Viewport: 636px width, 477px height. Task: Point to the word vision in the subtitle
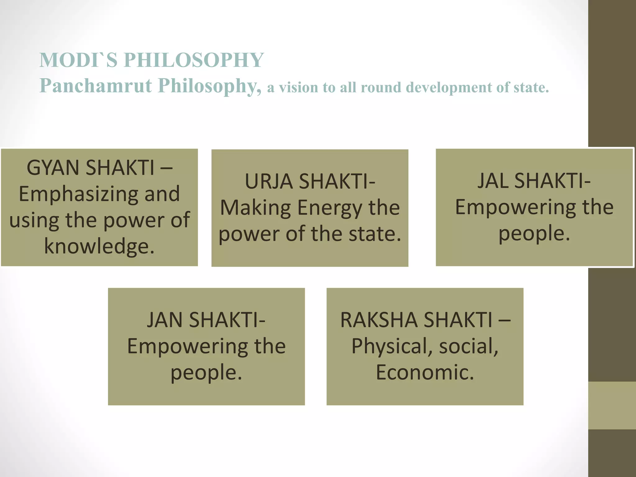[x=298, y=87]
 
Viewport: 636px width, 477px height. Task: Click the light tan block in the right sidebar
[x=612, y=405]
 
